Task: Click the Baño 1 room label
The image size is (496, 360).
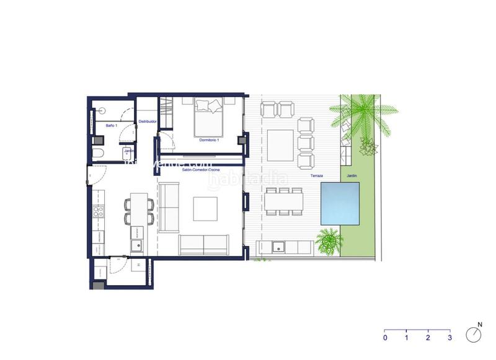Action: coord(111,126)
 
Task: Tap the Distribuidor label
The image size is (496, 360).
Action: coord(146,121)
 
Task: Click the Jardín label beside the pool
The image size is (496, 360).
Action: coord(352,176)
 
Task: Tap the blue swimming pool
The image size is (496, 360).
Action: coord(340,203)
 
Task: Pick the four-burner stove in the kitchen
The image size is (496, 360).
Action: coord(97,213)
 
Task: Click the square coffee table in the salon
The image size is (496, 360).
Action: coord(205,208)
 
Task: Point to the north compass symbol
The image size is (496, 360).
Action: coord(476,335)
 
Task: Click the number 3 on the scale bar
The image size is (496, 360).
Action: coord(449,338)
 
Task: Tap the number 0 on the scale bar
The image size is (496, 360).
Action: coord(385,338)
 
